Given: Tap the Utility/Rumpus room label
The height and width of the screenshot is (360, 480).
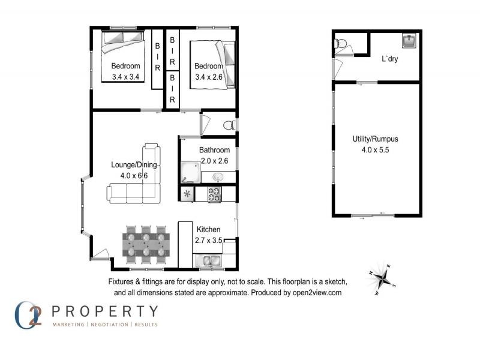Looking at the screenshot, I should pos(375,139).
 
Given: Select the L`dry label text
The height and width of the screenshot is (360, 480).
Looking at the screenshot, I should pos(390,59).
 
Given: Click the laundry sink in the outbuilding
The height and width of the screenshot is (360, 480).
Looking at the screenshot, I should pos(410,41).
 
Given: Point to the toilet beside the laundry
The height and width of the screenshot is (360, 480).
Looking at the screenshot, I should pos(340,43).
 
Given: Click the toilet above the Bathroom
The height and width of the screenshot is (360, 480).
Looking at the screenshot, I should pos(229,125).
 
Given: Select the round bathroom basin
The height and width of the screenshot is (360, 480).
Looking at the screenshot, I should pos(217,177).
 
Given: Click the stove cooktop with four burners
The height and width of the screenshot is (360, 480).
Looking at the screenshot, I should pos(214,194).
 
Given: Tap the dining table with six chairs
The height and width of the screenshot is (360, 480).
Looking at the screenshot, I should pos(145,245).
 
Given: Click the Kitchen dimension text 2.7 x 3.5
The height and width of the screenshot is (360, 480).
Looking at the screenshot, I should pos(209,240).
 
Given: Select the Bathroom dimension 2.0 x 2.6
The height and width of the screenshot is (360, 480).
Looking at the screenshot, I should pos(214,160).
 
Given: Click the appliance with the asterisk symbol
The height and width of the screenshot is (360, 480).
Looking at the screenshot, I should pos(187,194).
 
